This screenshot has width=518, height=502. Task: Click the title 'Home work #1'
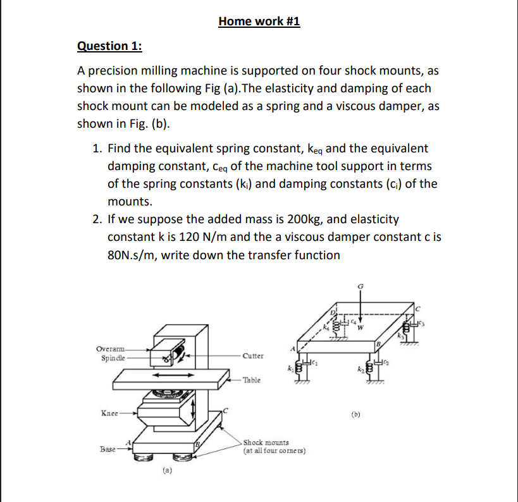coord(259,22)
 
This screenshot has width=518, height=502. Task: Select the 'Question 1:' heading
coord(109,46)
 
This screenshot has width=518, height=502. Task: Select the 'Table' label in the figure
coord(251,381)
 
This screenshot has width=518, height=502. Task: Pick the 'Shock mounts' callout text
coord(266,443)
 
